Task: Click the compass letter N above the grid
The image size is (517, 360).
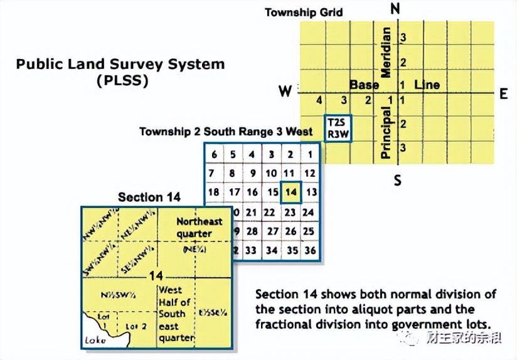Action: click(395, 8)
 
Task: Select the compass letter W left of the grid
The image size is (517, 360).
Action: click(285, 92)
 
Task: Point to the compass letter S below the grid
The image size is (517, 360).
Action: click(397, 181)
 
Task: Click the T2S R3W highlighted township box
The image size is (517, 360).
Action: click(337, 128)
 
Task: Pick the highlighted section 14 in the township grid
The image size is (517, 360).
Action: click(290, 192)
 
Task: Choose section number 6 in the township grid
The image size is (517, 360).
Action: click(214, 155)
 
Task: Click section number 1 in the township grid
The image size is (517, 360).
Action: click(309, 155)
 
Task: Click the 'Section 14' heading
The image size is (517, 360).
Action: click(149, 197)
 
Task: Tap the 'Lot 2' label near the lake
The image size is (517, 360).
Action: click(135, 326)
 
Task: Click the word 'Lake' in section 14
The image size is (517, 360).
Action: click(93, 342)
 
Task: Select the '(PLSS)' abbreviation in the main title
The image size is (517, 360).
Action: click(122, 80)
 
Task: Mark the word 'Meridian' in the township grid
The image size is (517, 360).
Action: click(386, 53)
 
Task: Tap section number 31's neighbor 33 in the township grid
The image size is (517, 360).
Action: click(252, 250)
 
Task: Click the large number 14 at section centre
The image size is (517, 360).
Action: click(156, 276)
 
